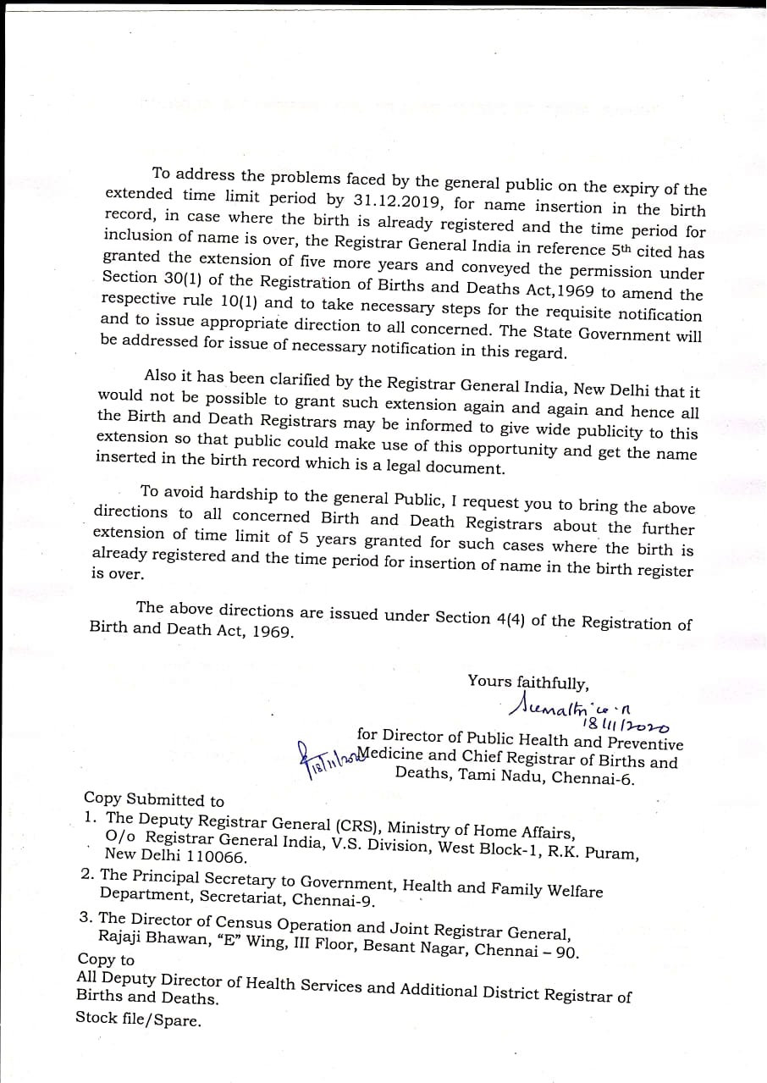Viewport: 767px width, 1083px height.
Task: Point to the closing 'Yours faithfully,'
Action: (x=528, y=682)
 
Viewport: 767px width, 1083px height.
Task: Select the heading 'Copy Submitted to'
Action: (x=154, y=799)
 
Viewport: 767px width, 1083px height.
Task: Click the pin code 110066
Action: (x=207, y=856)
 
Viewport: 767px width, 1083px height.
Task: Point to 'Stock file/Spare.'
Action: (x=139, y=1019)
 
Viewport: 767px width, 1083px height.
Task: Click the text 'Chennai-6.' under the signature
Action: (x=593, y=778)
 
